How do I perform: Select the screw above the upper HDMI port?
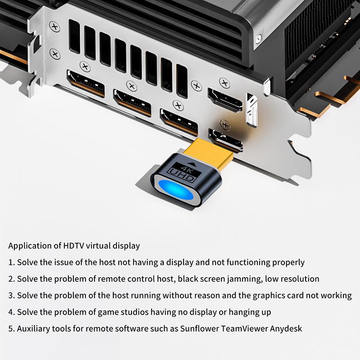(x=224, y=82)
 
